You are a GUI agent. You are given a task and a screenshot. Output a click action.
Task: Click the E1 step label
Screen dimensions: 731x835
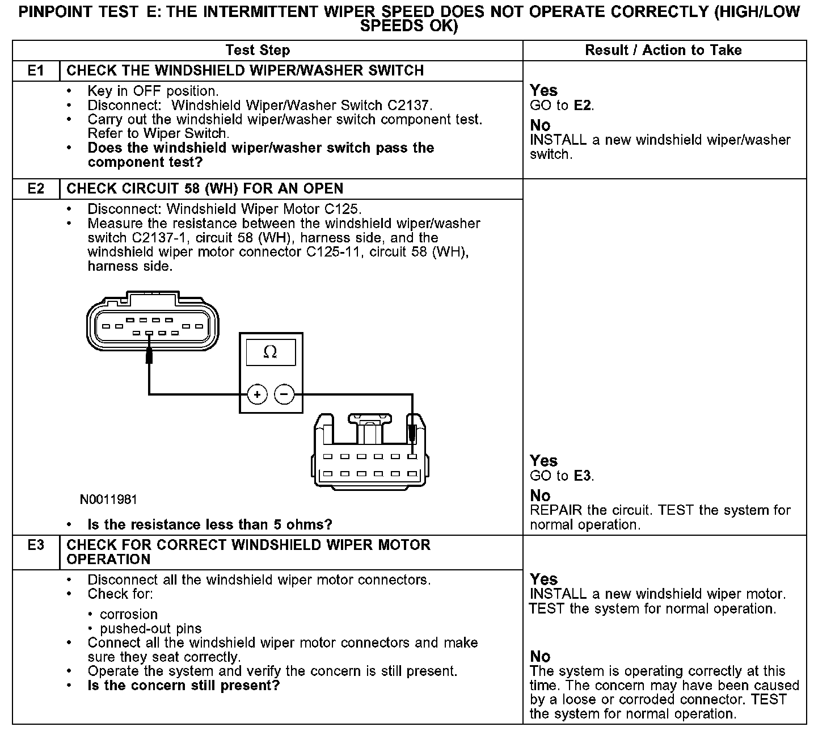36,71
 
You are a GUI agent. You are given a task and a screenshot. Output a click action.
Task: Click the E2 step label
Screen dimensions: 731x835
36,189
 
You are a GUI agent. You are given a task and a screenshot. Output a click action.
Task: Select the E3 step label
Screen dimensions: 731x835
36,545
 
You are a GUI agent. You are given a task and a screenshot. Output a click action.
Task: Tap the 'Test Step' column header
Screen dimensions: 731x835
258,51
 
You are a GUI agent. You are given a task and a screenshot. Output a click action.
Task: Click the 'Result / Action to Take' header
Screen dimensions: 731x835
663,51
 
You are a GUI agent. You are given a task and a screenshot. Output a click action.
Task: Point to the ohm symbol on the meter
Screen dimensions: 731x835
271,352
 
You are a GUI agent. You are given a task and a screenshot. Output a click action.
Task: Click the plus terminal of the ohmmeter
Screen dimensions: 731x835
257,394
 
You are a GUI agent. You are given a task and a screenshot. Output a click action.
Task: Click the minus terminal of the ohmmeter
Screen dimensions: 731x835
284,394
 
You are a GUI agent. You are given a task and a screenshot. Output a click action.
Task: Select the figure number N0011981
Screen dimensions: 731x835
108,499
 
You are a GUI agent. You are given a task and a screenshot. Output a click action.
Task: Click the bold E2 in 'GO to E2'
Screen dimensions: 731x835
583,106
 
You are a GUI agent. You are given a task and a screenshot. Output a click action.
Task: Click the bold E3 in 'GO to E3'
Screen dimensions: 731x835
583,476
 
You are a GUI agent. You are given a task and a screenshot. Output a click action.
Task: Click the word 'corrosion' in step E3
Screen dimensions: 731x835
129,615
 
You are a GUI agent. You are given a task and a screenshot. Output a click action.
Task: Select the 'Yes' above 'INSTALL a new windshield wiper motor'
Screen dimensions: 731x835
543,579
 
